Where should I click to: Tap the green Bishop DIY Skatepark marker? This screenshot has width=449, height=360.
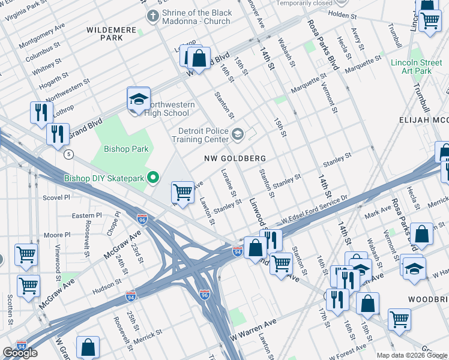click(x=153, y=177)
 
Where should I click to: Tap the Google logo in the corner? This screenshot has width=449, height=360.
click(x=20, y=353)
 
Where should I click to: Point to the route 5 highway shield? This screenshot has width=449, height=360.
click(x=70, y=154)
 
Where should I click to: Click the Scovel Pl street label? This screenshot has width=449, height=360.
click(x=56, y=196)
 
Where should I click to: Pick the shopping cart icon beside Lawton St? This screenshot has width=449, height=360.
click(x=182, y=192)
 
